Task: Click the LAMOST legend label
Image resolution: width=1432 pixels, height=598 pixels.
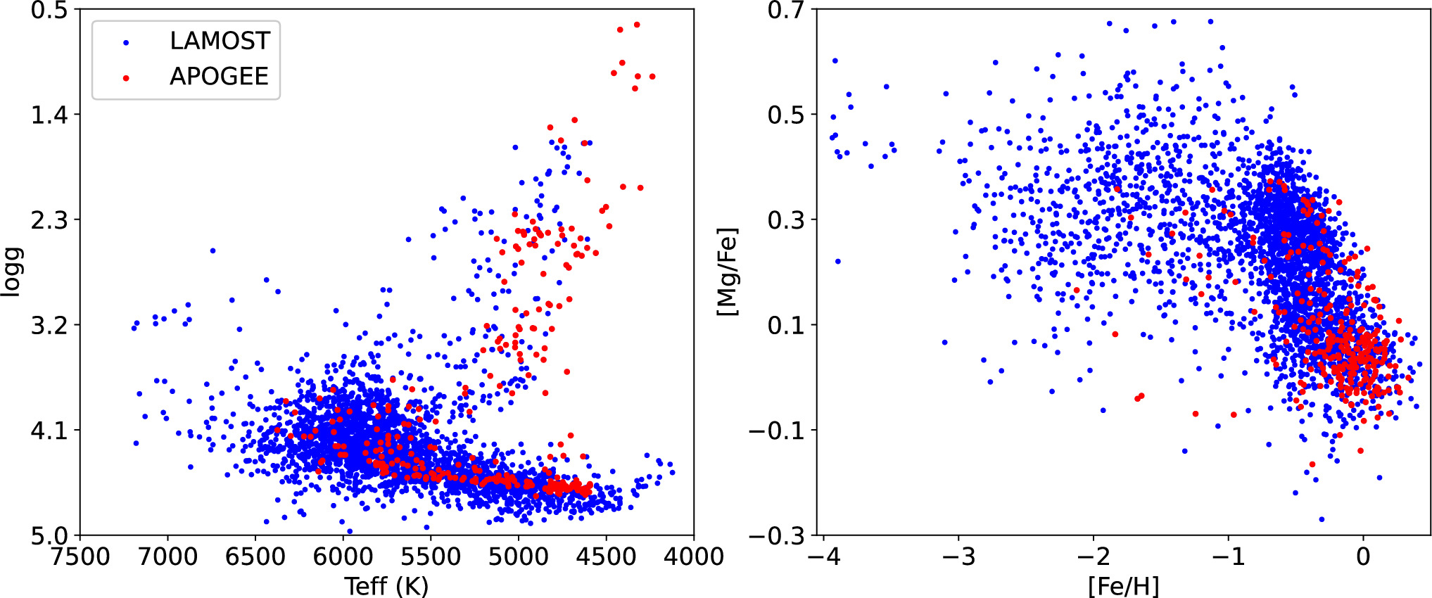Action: (x=220, y=42)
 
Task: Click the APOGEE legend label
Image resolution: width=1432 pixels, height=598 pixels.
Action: (x=219, y=77)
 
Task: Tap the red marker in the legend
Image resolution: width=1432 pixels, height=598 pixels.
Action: (x=126, y=77)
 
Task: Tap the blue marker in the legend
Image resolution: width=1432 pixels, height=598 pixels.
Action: (x=126, y=42)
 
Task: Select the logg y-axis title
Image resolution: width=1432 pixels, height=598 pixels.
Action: (x=12, y=272)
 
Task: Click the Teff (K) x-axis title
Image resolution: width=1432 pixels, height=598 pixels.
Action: (x=386, y=586)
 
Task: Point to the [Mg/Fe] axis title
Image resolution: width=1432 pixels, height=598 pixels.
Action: (x=727, y=272)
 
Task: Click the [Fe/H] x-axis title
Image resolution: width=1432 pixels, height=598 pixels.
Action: (x=1123, y=586)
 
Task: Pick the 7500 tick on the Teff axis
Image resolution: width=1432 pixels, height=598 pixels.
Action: (x=80, y=557)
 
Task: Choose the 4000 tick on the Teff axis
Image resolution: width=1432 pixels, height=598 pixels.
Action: (x=694, y=557)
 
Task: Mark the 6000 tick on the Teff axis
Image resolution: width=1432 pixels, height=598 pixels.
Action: (x=343, y=557)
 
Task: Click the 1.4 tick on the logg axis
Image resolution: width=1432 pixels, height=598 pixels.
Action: (x=49, y=115)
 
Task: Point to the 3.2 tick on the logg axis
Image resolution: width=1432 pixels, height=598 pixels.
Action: (x=49, y=326)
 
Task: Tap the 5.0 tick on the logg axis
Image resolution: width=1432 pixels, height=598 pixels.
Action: (x=49, y=536)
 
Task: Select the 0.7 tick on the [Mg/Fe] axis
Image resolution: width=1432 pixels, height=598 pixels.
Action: (x=786, y=11)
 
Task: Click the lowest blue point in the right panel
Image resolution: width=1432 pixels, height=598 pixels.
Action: (x=1322, y=519)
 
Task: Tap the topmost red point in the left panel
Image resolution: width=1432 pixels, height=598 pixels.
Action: (x=637, y=25)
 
